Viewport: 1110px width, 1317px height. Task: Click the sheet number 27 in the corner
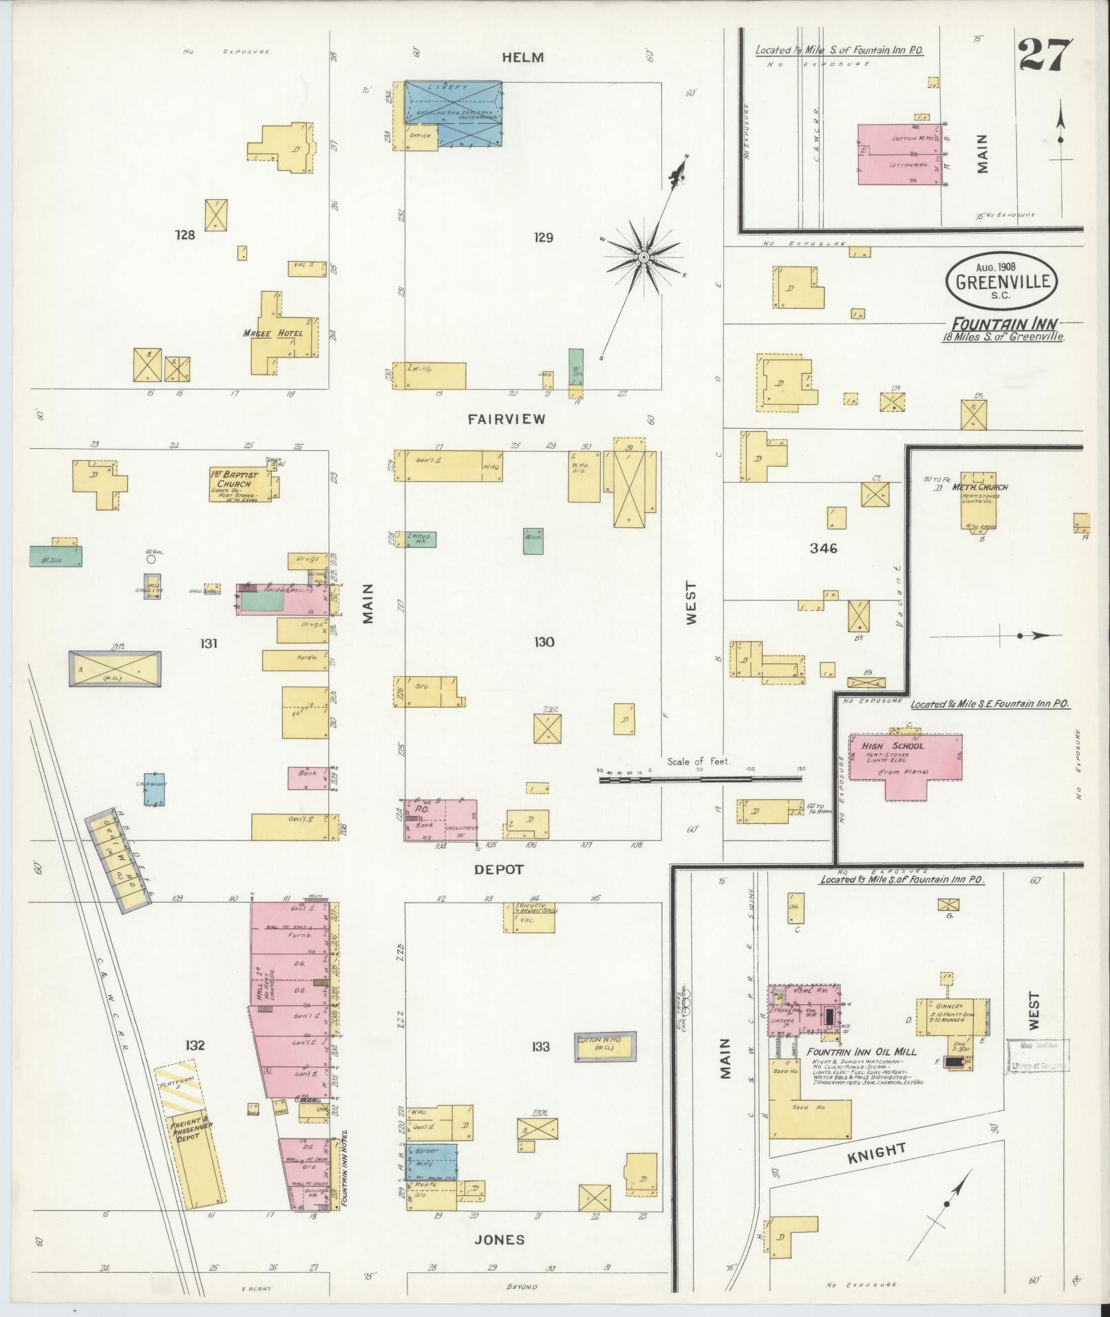[x=1045, y=55]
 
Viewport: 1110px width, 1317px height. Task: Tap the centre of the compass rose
[x=643, y=257]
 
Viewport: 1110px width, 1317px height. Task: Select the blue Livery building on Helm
[x=453, y=114]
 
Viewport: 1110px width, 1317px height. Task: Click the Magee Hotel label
[x=273, y=333]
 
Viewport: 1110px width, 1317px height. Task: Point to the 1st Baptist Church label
[x=235, y=478]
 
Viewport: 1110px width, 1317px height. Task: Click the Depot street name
[x=498, y=870]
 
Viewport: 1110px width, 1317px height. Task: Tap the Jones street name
[x=500, y=1240]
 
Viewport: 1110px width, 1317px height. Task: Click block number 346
[x=823, y=549]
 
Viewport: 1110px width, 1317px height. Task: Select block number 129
[x=543, y=238]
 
